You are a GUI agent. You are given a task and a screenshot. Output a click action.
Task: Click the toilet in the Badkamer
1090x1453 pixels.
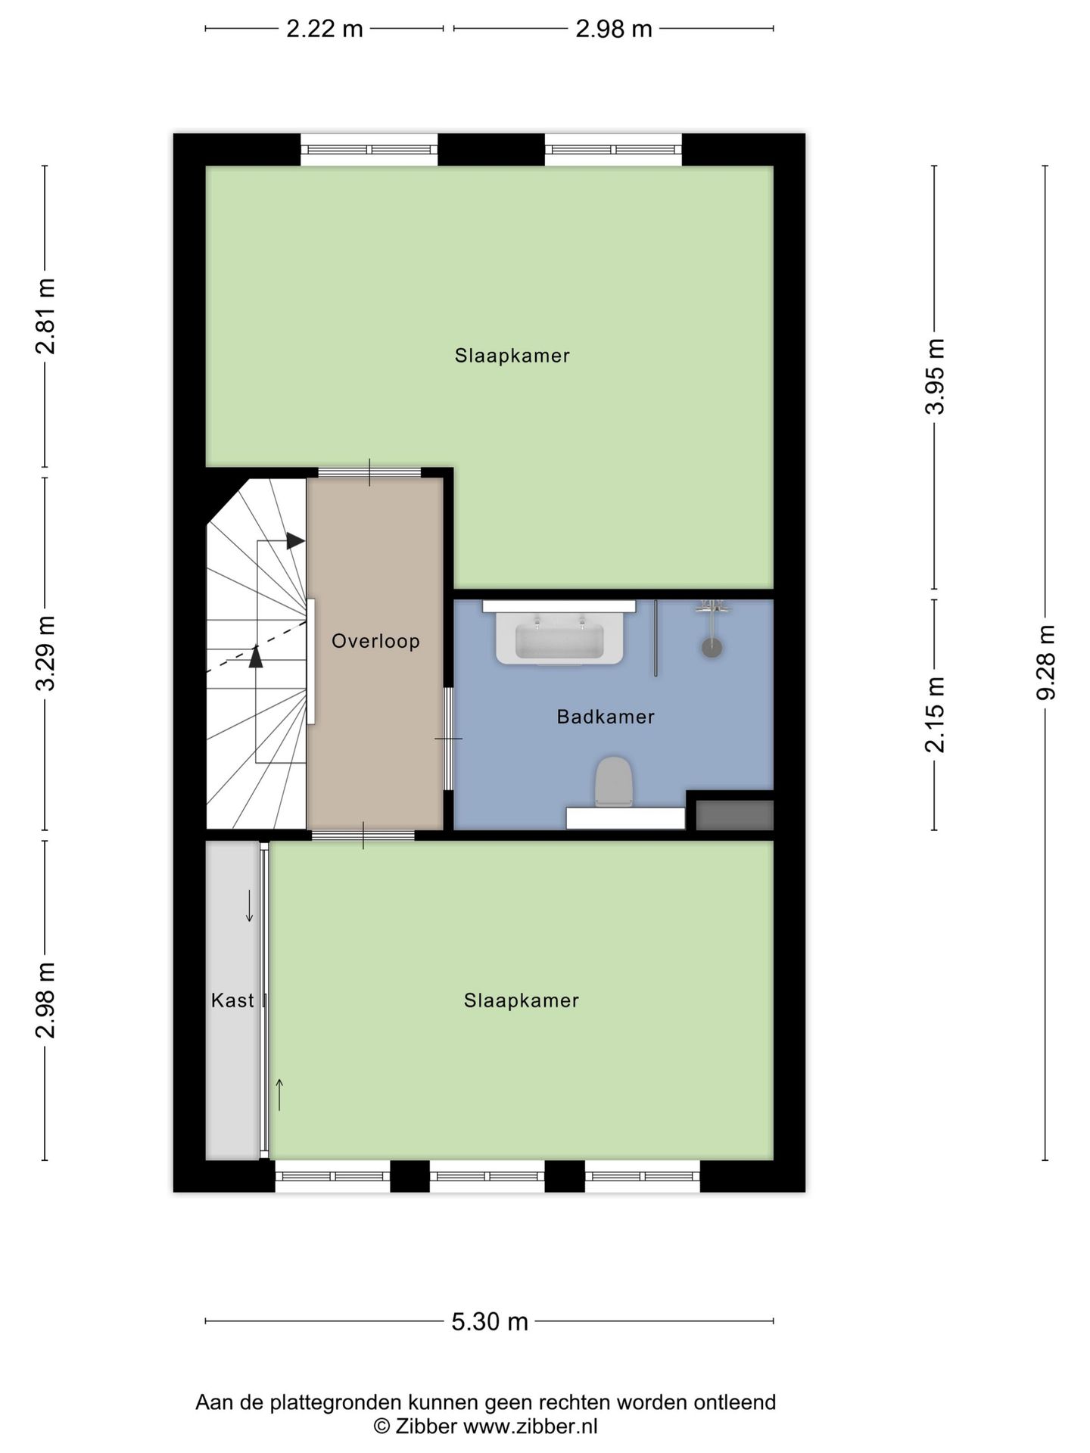[613, 783]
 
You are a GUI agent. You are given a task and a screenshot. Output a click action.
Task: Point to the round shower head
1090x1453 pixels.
[712, 648]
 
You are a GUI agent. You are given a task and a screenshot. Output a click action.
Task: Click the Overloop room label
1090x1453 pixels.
[375, 642]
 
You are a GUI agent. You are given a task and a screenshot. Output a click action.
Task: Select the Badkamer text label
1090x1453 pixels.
[606, 717]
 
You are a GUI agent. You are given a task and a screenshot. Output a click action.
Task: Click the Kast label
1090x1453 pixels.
[232, 1000]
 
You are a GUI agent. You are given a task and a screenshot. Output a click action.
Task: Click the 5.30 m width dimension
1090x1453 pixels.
[490, 1321]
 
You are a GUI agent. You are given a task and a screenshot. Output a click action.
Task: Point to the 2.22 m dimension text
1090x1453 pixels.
[324, 29]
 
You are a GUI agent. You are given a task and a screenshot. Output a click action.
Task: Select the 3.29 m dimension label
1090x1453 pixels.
[45, 654]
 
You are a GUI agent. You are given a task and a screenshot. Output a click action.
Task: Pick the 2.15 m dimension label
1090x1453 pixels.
[935, 715]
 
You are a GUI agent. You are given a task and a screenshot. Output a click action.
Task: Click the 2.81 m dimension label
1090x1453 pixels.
[45, 316]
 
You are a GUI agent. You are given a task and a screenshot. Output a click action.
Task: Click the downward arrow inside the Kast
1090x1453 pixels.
[249, 907]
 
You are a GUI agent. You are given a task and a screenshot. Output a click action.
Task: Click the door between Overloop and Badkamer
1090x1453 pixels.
[449, 738]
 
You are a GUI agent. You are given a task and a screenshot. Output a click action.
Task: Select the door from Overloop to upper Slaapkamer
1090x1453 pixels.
[369, 473]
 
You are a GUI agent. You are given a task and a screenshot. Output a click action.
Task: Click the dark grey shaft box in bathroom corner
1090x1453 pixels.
[734, 815]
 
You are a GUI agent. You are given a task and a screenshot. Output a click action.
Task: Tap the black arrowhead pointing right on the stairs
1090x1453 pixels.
[295, 541]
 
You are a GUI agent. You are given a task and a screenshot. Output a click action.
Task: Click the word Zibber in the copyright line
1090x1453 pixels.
[425, 1427]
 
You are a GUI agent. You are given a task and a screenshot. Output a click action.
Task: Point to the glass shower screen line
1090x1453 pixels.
[656, 638]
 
